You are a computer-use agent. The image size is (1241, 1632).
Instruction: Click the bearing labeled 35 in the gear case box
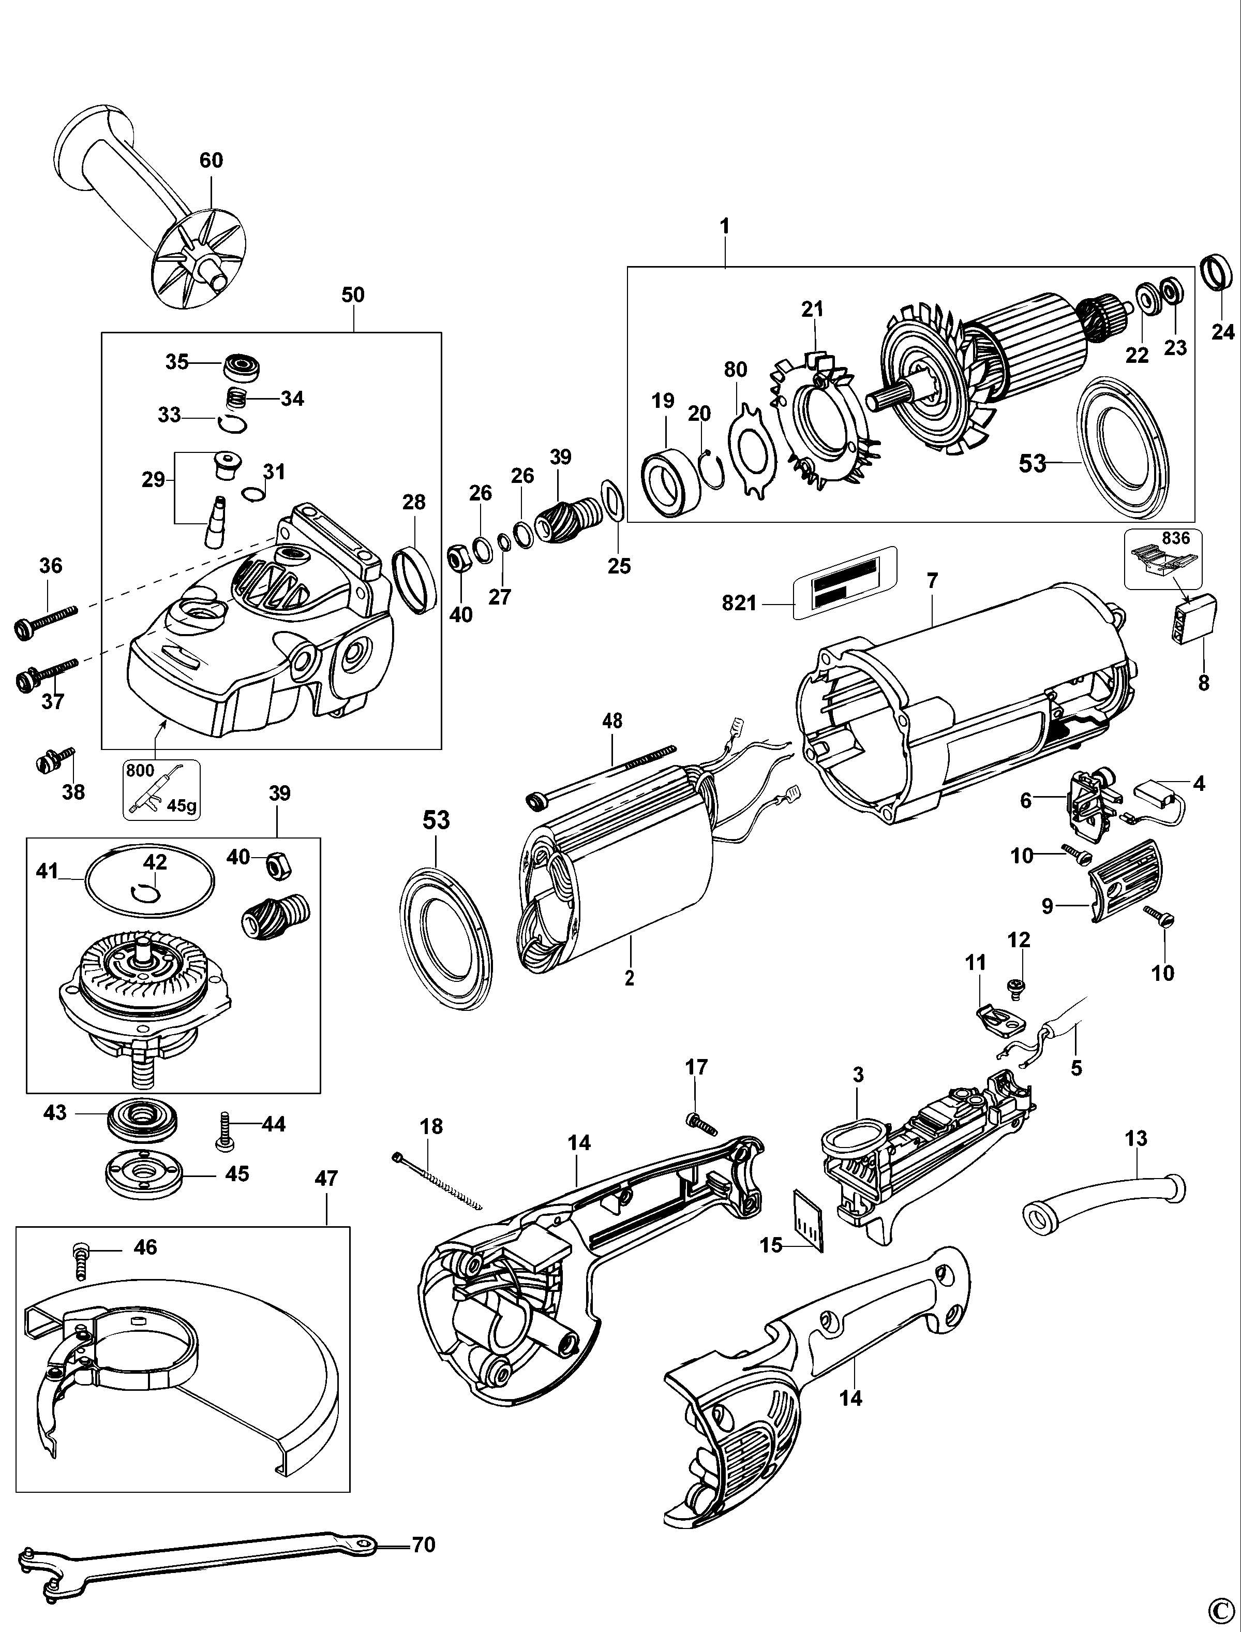242,366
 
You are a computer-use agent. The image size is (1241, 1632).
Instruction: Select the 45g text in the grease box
182,806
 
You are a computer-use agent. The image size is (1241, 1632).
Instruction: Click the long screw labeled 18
436,1181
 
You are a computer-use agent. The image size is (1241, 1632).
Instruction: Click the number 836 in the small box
1176,538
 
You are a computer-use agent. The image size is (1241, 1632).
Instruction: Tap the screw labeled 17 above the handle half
701,1124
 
